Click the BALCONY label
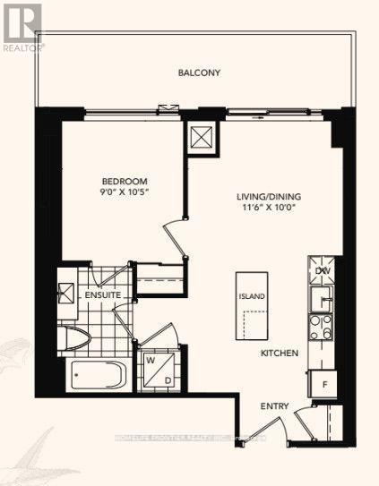tap(199, 72)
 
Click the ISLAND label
tap(251, 294)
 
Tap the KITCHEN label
tap(279, 354)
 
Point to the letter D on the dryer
tap(167, 378)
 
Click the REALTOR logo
tap(22, 25)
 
